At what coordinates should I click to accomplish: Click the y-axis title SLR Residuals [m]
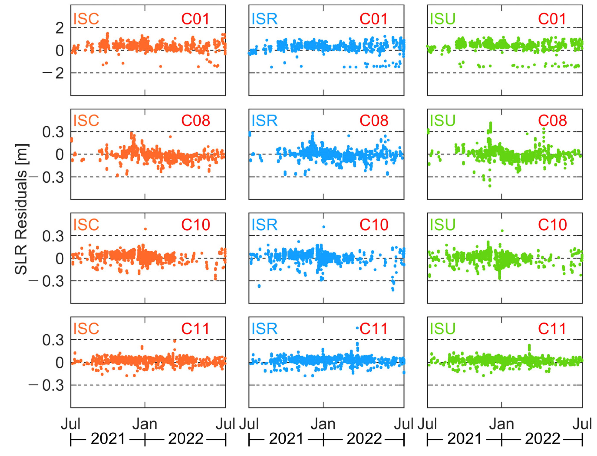(21, 209)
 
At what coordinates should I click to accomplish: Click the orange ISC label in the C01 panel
(86, 19)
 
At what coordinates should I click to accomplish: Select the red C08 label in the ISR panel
(374, 121)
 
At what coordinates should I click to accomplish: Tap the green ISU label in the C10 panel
(442, 225)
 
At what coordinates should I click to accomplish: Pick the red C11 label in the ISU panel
(552, 329)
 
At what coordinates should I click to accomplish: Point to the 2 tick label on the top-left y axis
(59, 28)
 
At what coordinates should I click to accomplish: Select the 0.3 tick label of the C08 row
(53, 132)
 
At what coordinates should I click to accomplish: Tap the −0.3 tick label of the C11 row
(46, 385)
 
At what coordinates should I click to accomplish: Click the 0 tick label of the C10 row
(59, 259)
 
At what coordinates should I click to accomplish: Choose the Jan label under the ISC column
(145, 424)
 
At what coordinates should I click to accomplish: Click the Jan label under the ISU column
(501, 424)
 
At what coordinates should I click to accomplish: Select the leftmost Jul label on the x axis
(70, 424)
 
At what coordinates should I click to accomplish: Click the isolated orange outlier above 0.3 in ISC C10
(145, 229)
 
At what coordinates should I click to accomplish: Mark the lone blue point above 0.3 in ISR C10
(323, 227)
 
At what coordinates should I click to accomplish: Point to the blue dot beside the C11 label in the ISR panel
(357, 328)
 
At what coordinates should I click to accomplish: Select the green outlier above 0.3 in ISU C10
(502, 231)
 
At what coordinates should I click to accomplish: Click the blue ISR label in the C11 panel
(264, 329)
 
